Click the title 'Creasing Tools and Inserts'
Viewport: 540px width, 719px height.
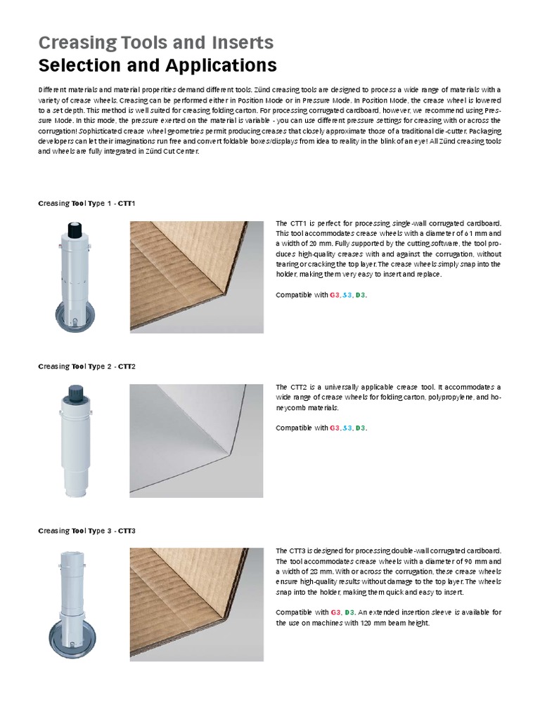pos(155,42)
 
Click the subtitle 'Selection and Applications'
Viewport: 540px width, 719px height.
pos(157,66)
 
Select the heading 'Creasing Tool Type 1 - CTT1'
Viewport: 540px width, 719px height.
pos(86,204)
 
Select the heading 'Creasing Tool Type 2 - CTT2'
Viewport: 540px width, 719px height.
pos(86,367)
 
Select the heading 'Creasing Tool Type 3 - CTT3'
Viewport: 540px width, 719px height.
pos(86,531)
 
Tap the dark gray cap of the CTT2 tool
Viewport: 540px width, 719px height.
pos(75,394)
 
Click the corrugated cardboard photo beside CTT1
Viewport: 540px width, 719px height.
pos(197,277)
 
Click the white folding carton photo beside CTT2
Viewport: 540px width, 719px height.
pos(197,440)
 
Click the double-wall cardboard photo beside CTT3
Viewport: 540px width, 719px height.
pos(197,604)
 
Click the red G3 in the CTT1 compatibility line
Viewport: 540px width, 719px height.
pos(335,296)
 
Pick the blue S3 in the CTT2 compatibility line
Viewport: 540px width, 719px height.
pos(347,428)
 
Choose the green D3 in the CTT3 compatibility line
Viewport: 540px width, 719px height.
pos(350,612)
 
